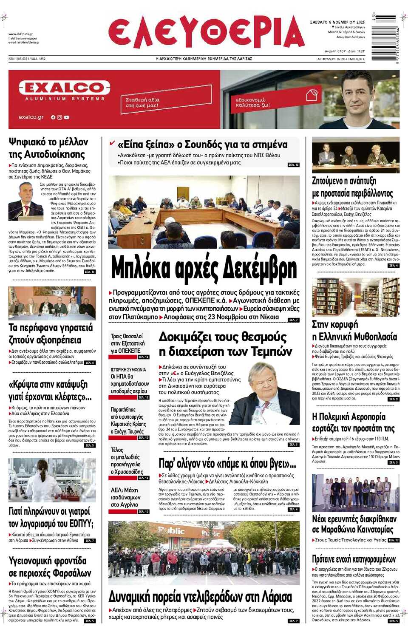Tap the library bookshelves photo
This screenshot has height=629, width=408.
click(356, 297)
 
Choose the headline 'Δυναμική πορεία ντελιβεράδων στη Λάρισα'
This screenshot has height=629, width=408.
click(200, 597)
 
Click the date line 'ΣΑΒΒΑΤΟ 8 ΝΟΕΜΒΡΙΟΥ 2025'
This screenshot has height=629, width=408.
click(337, 22)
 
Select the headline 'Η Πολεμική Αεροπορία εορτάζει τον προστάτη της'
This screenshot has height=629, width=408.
click(353, 422)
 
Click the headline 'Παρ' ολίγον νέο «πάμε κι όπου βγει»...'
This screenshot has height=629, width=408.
click(227, 463)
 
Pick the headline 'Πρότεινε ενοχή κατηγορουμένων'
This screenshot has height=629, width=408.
click(354, 559)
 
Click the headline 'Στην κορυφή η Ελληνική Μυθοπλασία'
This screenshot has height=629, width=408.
click(354, 331)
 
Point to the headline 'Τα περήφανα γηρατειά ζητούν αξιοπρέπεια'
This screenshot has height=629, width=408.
click(51, 334)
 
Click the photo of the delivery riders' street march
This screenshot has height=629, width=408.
click(204, 552)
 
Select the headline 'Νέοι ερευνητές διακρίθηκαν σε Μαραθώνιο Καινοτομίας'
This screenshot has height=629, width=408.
click(354, 524)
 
